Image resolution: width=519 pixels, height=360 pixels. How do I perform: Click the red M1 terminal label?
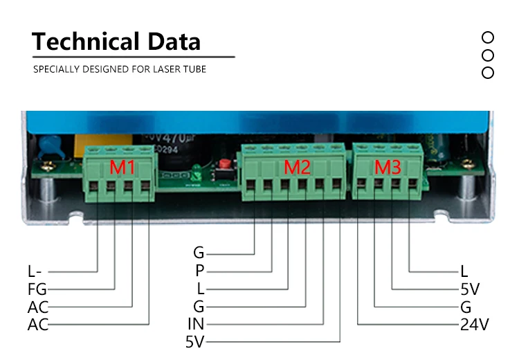(x=122, y=168)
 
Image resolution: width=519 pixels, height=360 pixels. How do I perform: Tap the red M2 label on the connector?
(x=298, y=167)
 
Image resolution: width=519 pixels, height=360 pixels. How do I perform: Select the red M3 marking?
(x=387, y=167)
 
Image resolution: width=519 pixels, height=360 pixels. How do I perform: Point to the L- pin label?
(x=37, y=271)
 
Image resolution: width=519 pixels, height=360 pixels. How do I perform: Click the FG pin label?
(x=37, y=289)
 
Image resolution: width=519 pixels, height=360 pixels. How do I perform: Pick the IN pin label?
(x=196, y=323)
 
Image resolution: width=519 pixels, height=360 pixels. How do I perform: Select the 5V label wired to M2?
(x=196, y=341)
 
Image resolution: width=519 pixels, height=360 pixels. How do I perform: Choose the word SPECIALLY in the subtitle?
(x=55, y=69)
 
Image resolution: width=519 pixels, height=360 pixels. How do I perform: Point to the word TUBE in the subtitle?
(x=194, y=69)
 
